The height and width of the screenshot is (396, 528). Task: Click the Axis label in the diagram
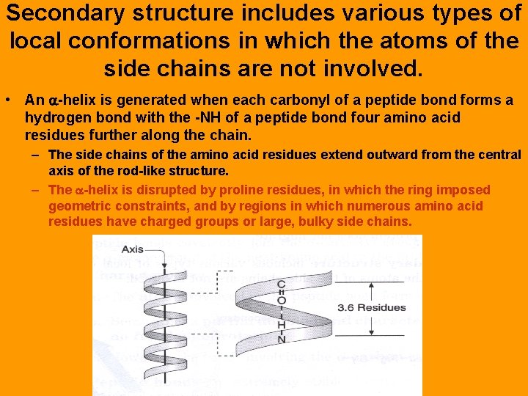132,249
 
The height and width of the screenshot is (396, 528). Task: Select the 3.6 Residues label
371,307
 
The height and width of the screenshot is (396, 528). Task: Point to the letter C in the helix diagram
281,284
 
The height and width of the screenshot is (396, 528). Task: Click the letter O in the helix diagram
281,299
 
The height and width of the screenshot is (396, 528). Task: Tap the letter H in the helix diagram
281,323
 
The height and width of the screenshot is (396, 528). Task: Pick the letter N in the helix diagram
281,339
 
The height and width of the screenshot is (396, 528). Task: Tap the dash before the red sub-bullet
36,190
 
